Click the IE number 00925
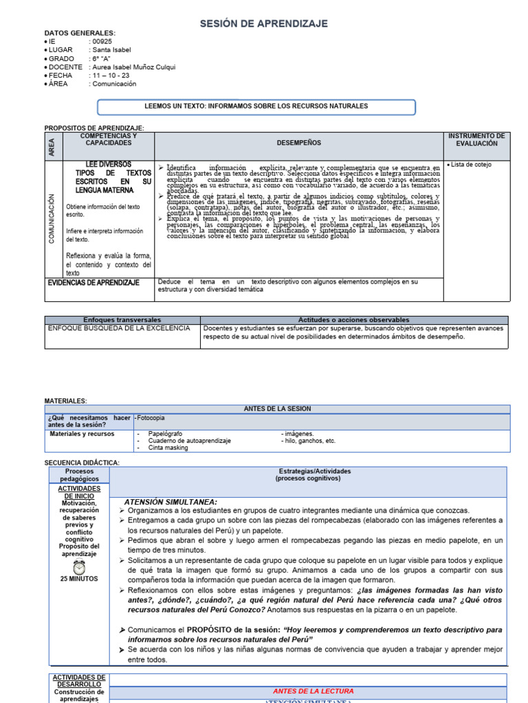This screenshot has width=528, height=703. click(100, 41)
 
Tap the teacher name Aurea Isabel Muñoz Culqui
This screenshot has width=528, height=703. click(132, 67)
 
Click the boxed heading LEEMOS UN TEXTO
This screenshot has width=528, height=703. click(256, 106)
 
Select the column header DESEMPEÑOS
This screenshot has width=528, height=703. click(298, 143)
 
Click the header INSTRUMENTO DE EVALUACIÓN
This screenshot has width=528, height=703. click(476, 140)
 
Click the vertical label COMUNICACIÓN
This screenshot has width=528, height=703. click(51, 218)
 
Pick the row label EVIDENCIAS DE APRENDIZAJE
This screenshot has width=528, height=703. click(93, 282)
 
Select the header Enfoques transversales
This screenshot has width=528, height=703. click(122, 320)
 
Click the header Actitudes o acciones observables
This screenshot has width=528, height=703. click(354, 320)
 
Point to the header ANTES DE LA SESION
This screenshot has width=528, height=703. click(277, 408)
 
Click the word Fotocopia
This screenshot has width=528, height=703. click(151, 417)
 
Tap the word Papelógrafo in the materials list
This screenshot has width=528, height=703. click(165, 434)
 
